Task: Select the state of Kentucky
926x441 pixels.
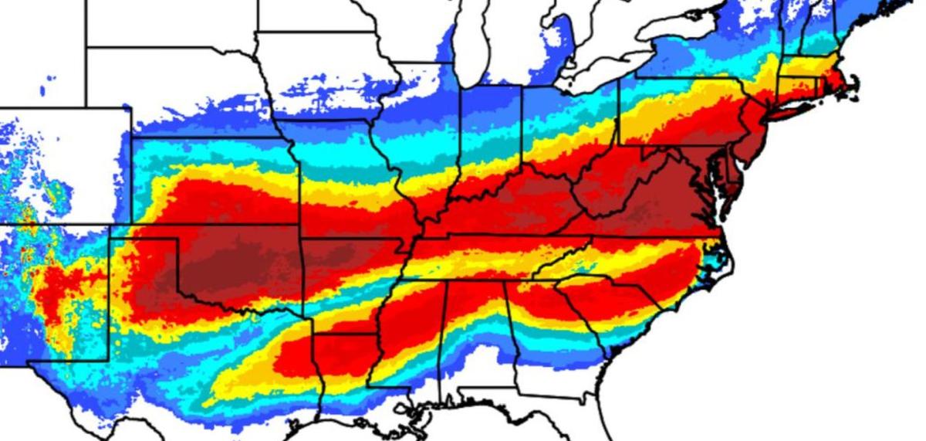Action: [x=509, y=205]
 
